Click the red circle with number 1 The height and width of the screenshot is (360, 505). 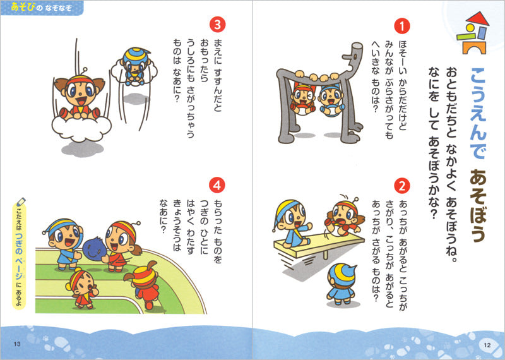tap(402, 26)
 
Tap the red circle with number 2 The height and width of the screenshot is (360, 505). tap(402, 186)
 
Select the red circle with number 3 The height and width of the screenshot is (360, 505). tap(217, 25)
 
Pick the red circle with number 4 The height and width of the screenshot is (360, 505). tap(217, 185)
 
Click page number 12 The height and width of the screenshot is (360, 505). tap(487, 345)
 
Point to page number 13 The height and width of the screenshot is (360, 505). tap(17, 344)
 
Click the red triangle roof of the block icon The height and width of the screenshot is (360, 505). tap(478, 18)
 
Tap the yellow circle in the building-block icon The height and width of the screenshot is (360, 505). tap(471, 28)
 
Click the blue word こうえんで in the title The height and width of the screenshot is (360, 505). tap(478, 114)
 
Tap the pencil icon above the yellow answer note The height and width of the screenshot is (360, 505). tap(21, 202)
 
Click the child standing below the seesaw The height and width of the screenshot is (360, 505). tap(342, 284)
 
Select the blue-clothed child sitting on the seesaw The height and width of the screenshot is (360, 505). tap(292, 223)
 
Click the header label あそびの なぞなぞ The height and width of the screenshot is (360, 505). tap(41, 7)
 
